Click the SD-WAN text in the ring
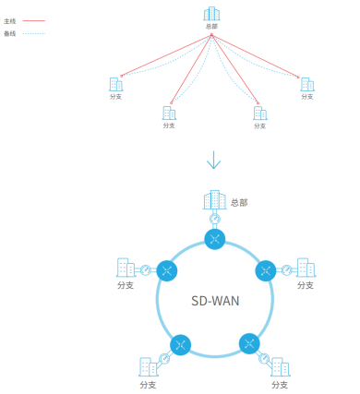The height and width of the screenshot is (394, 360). [x=215, y=301]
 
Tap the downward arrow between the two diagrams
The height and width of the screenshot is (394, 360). [x=213, y=160]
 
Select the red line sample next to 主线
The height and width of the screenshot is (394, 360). [x=34, y=21]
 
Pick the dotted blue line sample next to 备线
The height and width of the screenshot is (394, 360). [x=34, y=33]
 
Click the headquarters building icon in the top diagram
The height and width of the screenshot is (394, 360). [x=211, y=14]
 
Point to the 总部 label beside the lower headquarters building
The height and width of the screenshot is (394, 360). [x=239, y=203]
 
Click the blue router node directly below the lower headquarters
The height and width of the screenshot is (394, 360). [x=215, y=239]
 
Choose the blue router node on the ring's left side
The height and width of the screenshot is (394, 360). [x=167, y=270]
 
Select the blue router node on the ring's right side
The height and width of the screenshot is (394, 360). [x=266, y=270]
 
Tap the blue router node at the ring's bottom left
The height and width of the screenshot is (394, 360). [x=180, y=345]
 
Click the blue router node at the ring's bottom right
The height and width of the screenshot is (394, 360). [x=249, y=343]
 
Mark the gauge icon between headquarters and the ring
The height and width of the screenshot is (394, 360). [x=215, y=220]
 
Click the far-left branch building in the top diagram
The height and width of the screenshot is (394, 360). [x=116, y=84]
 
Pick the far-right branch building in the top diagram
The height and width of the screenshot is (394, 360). [x=307, y=84]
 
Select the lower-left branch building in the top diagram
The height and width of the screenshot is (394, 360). [x=169, y=113]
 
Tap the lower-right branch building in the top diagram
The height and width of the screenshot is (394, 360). [x=260, y=113]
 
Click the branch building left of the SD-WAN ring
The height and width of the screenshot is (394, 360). [x=126, y=268]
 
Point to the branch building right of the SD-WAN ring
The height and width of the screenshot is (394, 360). [x=306, y=268]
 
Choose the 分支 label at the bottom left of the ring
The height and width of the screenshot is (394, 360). [x=148, y=385]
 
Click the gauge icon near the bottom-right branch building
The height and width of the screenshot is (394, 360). [x=264, y=358]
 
